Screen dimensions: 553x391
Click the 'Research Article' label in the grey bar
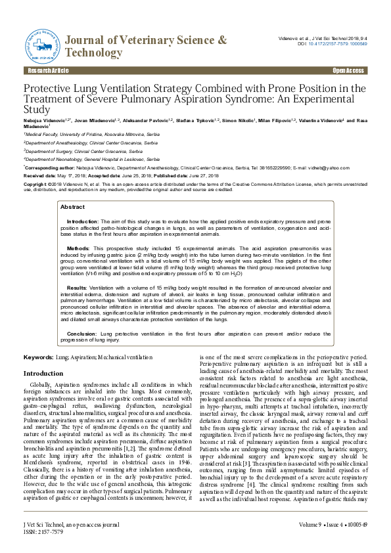(x=43, y=70)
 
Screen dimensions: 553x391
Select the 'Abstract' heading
(x=72, y=206)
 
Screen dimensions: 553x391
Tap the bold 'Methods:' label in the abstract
(x=79, y=249)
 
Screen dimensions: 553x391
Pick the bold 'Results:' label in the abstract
(x=78, y=288)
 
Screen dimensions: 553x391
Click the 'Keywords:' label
(x=38, y=357)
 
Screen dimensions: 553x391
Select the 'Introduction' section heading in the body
(x=43, y=373)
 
